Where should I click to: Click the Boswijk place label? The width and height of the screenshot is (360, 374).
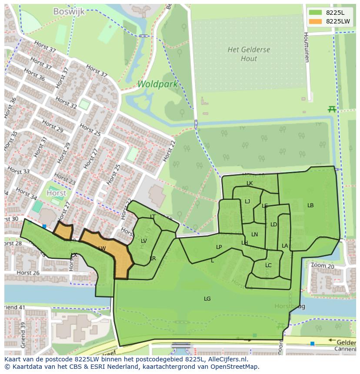[x=69, y=11]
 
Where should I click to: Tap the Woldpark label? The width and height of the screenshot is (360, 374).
[x=157, y=84]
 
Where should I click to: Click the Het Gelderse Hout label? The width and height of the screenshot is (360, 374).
[x=249, y=54]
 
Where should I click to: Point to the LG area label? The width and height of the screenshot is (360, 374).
[x=207, y=298]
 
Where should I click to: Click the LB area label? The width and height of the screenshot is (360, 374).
[x=310, y=205]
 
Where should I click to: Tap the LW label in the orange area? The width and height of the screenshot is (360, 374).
[x=102, y=248]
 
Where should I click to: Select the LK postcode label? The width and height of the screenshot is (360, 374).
[x=250, y=183]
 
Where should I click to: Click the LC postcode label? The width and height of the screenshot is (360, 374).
[x=268, y=265]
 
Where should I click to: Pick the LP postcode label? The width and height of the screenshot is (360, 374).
[x=219, y=247]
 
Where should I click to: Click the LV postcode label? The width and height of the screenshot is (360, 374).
[x=144, y=241]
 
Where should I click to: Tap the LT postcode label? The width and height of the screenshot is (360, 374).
[x=153, y=216]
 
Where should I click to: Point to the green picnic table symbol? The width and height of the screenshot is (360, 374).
[x=332, y=109]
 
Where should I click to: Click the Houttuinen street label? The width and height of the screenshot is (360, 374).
[x=306, y=47]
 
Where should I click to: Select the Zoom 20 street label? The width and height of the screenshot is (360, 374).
[x=322, y=265]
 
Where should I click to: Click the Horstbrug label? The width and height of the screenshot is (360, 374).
[x=290, y=306]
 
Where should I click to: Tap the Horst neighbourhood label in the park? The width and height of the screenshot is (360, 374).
[x=57, y=193]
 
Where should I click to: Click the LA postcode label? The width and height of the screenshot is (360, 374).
[x=285, y=246]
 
